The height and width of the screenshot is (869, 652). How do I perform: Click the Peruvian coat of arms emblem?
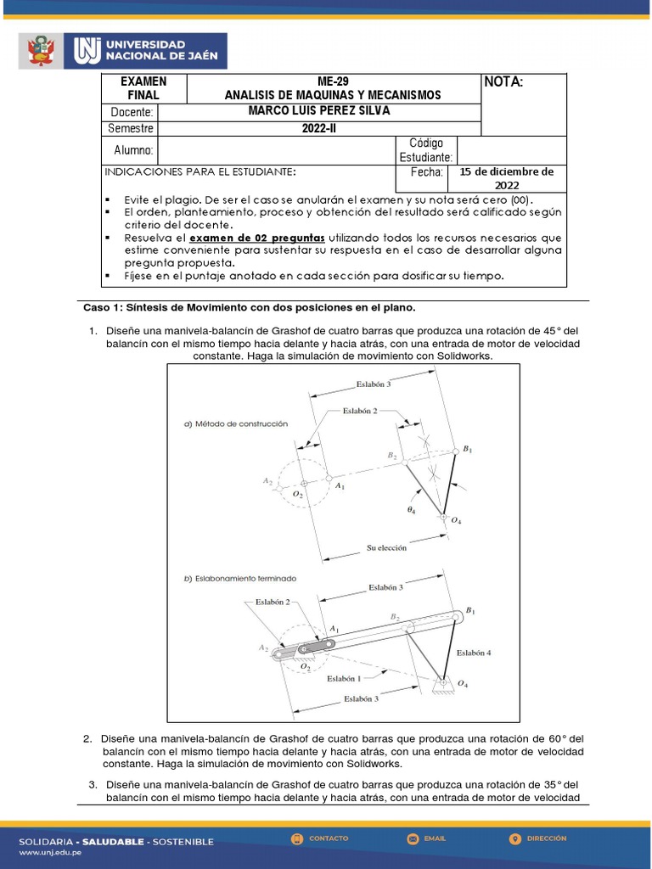click(40, 51)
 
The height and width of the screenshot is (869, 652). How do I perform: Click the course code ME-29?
click(333, 81)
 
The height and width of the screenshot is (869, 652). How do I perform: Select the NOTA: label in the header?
click(503, 82)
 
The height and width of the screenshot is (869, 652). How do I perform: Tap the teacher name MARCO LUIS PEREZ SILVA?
click(319, 111)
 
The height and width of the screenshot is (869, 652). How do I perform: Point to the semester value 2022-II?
click(319, 128)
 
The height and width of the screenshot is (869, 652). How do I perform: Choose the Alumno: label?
click(133, 150)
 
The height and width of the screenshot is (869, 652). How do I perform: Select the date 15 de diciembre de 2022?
click(506, 178)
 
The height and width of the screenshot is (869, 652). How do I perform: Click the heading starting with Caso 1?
click(249, 306)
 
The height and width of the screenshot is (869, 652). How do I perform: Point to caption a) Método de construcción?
click(236, 423)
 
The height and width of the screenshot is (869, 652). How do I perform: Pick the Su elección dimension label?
click(386, 548)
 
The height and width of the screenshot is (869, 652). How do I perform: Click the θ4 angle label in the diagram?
click(411, 510)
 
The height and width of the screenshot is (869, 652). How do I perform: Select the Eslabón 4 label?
click(473, 653)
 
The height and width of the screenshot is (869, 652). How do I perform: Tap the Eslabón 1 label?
click(344, 678)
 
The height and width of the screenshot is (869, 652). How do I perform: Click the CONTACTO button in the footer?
click(320, 838)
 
